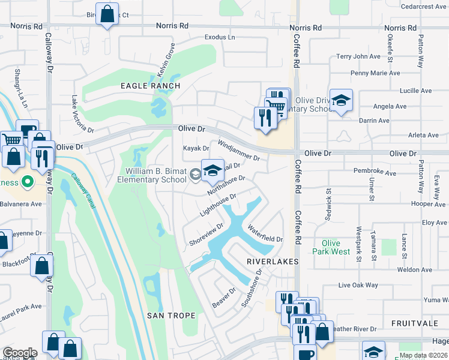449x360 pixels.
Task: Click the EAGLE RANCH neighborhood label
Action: tap(150, 86)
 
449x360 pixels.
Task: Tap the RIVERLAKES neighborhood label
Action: tap(273, 262)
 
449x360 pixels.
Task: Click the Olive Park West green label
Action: tap(331, 247)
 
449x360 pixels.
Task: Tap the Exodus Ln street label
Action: tap(220, 37)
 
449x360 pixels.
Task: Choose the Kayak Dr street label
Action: tap(196, 148)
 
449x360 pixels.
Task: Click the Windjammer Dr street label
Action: tap(238, 151)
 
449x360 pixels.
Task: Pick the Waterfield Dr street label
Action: tap(264, 234)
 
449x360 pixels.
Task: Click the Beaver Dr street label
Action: tap(224, 298)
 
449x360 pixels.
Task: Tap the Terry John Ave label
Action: tap(358, 56)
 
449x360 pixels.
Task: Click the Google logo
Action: tap(20, 353)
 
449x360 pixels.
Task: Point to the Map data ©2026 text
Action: tap(423, 355)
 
